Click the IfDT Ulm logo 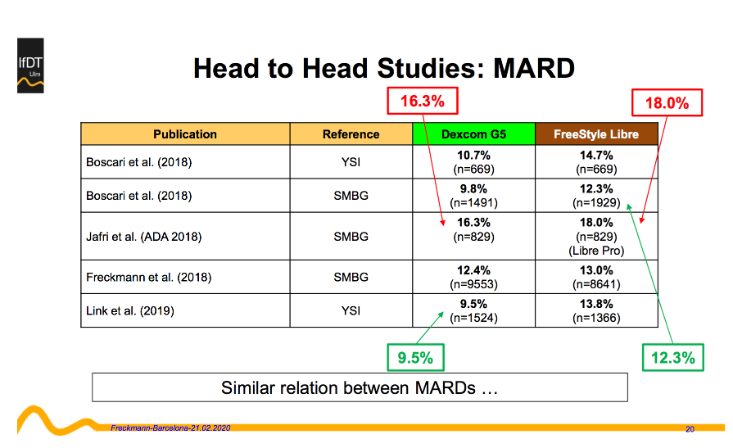click(30, 66)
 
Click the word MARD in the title click(534, 68)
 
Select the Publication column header click(185, 134)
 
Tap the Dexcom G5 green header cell click(473, 134)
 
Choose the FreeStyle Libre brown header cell click(596, 134)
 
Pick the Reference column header click(351, 134)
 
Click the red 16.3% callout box click(423, 101)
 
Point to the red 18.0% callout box click(667, 103)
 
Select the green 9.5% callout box click(415, 358)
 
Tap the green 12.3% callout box click(673, 358)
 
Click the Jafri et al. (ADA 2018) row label click(144, 237)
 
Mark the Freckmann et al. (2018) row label click(149, 278)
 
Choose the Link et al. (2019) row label click(130, 311)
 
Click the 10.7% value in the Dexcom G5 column click(473, 156)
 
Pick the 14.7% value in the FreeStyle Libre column click(596, 156)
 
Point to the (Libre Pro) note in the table click(596, 251)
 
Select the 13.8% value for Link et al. click(596, 304)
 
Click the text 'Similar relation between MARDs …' click(360, 387)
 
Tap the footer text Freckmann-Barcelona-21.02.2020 click(170, 428)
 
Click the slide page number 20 click(690, 429)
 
